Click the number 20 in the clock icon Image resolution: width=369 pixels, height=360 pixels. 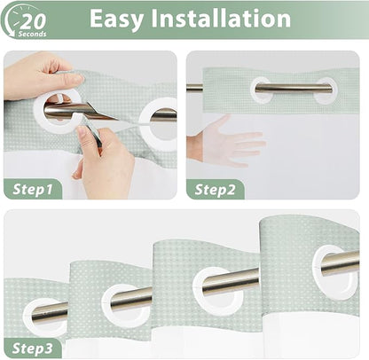tap(34, 21)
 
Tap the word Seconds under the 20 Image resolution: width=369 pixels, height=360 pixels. tap(32, 34)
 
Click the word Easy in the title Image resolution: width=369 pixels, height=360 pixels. tap(116, 19)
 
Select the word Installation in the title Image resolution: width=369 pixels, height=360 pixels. tap(221, 18)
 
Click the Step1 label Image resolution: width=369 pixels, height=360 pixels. tap(33, 189)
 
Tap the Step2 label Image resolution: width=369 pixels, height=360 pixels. tap(215, 190)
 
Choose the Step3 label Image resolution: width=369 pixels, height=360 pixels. tap(33, 348)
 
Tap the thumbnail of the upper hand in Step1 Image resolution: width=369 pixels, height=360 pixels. tap(76, 79)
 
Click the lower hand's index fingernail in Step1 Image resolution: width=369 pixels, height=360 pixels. tap(81, 131)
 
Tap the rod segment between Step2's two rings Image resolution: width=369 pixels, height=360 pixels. tap(293, 89)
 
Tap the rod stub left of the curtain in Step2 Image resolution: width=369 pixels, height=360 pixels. tap(194, 88)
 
